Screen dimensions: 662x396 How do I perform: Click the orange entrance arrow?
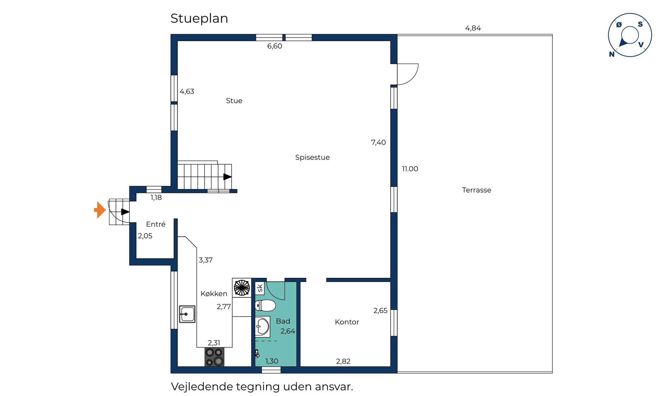click(x=100, y=210)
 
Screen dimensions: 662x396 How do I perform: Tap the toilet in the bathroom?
click(x=265, y=306)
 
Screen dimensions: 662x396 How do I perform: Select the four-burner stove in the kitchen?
click(x=214, y=357)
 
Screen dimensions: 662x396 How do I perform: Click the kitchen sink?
click(x=187, y=314)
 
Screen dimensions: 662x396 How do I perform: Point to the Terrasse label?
click(x=476, y=190)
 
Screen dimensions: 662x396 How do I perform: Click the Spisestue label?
click(x=312, y=157)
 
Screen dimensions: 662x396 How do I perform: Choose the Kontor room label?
click(x=347, y=322)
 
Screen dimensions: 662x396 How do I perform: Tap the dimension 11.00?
click(x=410, y=169)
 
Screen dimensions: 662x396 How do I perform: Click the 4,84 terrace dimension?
click(x=473, y=28)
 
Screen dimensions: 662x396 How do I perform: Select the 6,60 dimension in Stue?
click(x=275, y=46)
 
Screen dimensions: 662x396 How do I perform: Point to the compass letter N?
click(x=612, y=54)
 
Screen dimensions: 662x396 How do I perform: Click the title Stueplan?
click(x=199, y=18)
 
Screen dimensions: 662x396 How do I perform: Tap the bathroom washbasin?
click(x=263, y=326)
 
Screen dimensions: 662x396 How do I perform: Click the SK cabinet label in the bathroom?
click(x=260, y=288)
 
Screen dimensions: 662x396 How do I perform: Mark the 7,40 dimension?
click(x=378, y=143)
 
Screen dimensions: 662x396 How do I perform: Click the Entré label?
click(x=156, y=224)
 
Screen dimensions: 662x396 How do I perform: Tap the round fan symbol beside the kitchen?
click(x=242, y=288)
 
